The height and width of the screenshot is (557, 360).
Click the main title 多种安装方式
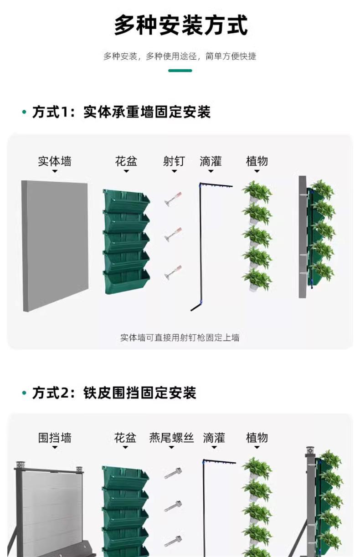pos(180,25)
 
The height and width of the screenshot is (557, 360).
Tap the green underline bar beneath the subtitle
pos(180,71)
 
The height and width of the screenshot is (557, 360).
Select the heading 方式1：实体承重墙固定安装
pos(121,112)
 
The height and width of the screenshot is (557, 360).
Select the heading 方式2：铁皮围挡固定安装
pos(114,393)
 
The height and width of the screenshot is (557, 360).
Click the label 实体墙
pos(54,161)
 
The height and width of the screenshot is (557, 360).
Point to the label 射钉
pos(174,161)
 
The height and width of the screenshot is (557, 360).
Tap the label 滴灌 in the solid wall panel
pos(211,161)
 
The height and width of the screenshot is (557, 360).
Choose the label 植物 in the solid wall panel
pos(257,161)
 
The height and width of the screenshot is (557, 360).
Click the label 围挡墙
pos(54,438)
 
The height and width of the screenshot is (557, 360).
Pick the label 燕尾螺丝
pos(171,438)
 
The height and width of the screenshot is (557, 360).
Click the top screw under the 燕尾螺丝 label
pos(173,473)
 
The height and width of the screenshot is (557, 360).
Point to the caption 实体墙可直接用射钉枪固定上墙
pos(180,338)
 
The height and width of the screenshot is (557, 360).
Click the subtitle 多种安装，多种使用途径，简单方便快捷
pos(180,56)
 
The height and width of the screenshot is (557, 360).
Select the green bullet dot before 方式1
pos(24,112)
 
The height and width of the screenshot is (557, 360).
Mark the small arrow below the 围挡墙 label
pos(54,448)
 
